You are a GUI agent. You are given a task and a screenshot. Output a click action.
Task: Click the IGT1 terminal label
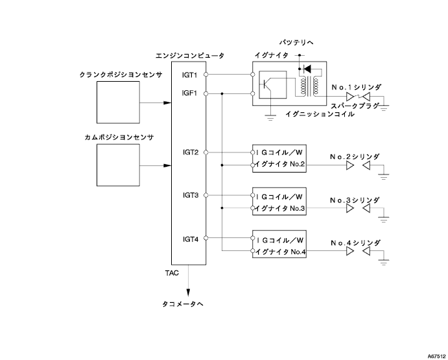click(191, 75)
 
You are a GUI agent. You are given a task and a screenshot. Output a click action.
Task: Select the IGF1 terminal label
click(191, 93)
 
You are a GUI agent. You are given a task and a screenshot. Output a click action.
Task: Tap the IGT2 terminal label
click(191, 152)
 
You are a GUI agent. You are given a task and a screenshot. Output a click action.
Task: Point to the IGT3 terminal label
click(191, 195)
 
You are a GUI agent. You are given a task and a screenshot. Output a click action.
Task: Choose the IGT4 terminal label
click(191, 238)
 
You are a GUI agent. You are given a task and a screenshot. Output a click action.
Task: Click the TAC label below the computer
click(172, 273)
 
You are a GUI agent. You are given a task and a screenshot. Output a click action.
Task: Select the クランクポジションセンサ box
click(117, 102)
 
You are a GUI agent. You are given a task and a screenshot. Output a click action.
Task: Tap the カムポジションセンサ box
click(117, 166)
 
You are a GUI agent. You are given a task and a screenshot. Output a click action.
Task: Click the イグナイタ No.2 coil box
click(279, 158)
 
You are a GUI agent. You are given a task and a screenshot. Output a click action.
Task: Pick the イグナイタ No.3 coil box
click(279, 201)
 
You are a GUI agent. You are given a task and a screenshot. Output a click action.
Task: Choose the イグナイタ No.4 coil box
click(279, 245)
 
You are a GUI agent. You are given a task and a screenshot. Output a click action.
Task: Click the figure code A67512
click(434, 355)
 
